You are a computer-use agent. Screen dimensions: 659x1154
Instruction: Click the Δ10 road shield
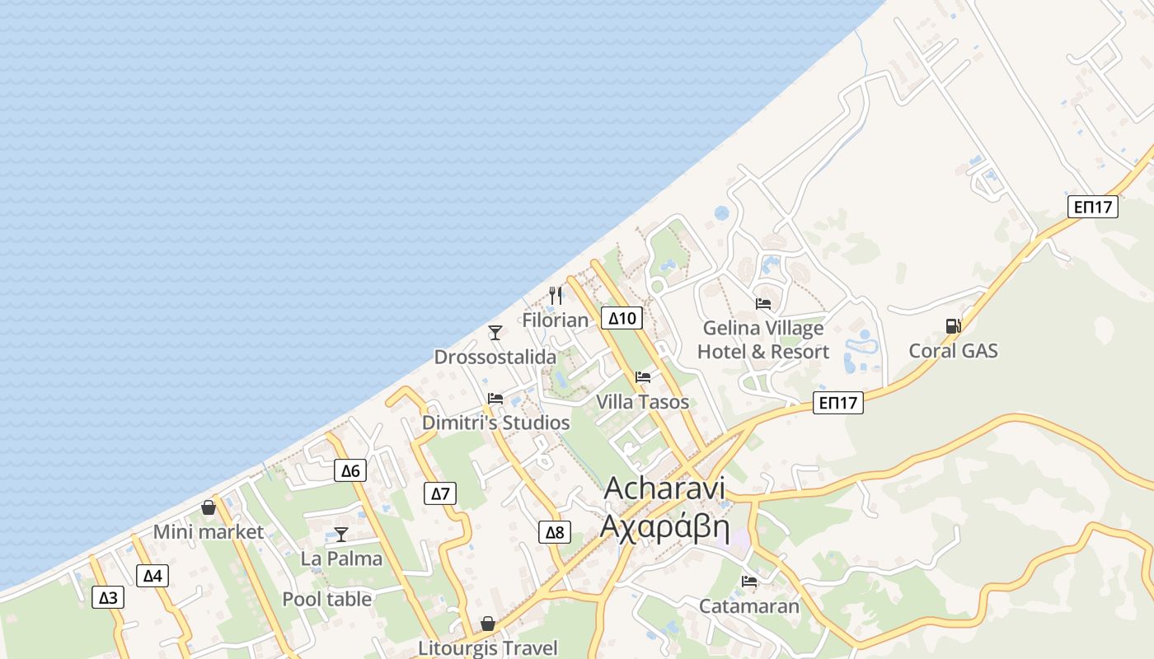(x=622, y=318)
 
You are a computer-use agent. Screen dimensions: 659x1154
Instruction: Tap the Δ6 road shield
(x=350, y=470)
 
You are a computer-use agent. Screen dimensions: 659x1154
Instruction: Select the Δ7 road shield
(x=441, y=493)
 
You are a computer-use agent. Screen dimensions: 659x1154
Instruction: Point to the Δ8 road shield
(x=555, y=532)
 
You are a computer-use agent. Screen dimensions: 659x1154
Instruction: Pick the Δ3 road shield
(x=108, y=597)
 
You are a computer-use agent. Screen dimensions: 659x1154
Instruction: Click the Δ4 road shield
(x=152, y=576)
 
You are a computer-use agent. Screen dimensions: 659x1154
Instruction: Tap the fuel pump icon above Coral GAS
(x=953, y=326)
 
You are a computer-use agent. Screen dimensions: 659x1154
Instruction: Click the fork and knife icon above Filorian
(x=556, y=295)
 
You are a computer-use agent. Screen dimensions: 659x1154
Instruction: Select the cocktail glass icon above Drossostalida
(x=495, y=332)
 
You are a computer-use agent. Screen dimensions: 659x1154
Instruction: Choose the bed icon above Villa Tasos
(x=643, y=377)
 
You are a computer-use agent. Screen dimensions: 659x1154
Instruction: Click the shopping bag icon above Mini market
(x=209, y=507)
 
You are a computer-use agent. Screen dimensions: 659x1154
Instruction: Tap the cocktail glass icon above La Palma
(x=340, y=534)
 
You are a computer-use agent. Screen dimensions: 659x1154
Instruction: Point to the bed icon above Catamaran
(x=749, y=582)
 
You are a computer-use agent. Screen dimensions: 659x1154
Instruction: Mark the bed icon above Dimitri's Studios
(x=495, y=399)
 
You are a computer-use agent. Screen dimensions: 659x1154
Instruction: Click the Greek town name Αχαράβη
(x=665, y=526)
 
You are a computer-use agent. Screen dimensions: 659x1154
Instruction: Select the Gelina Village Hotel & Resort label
(x=763, y=340)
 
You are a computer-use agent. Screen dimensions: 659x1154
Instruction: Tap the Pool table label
(x=327, y=599)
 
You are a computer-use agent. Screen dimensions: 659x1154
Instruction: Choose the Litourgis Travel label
(x=488, y=648)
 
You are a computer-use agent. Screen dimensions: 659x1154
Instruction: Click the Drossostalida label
(x=495, y=358)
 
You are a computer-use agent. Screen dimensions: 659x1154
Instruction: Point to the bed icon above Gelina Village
(x=763, y=303)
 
